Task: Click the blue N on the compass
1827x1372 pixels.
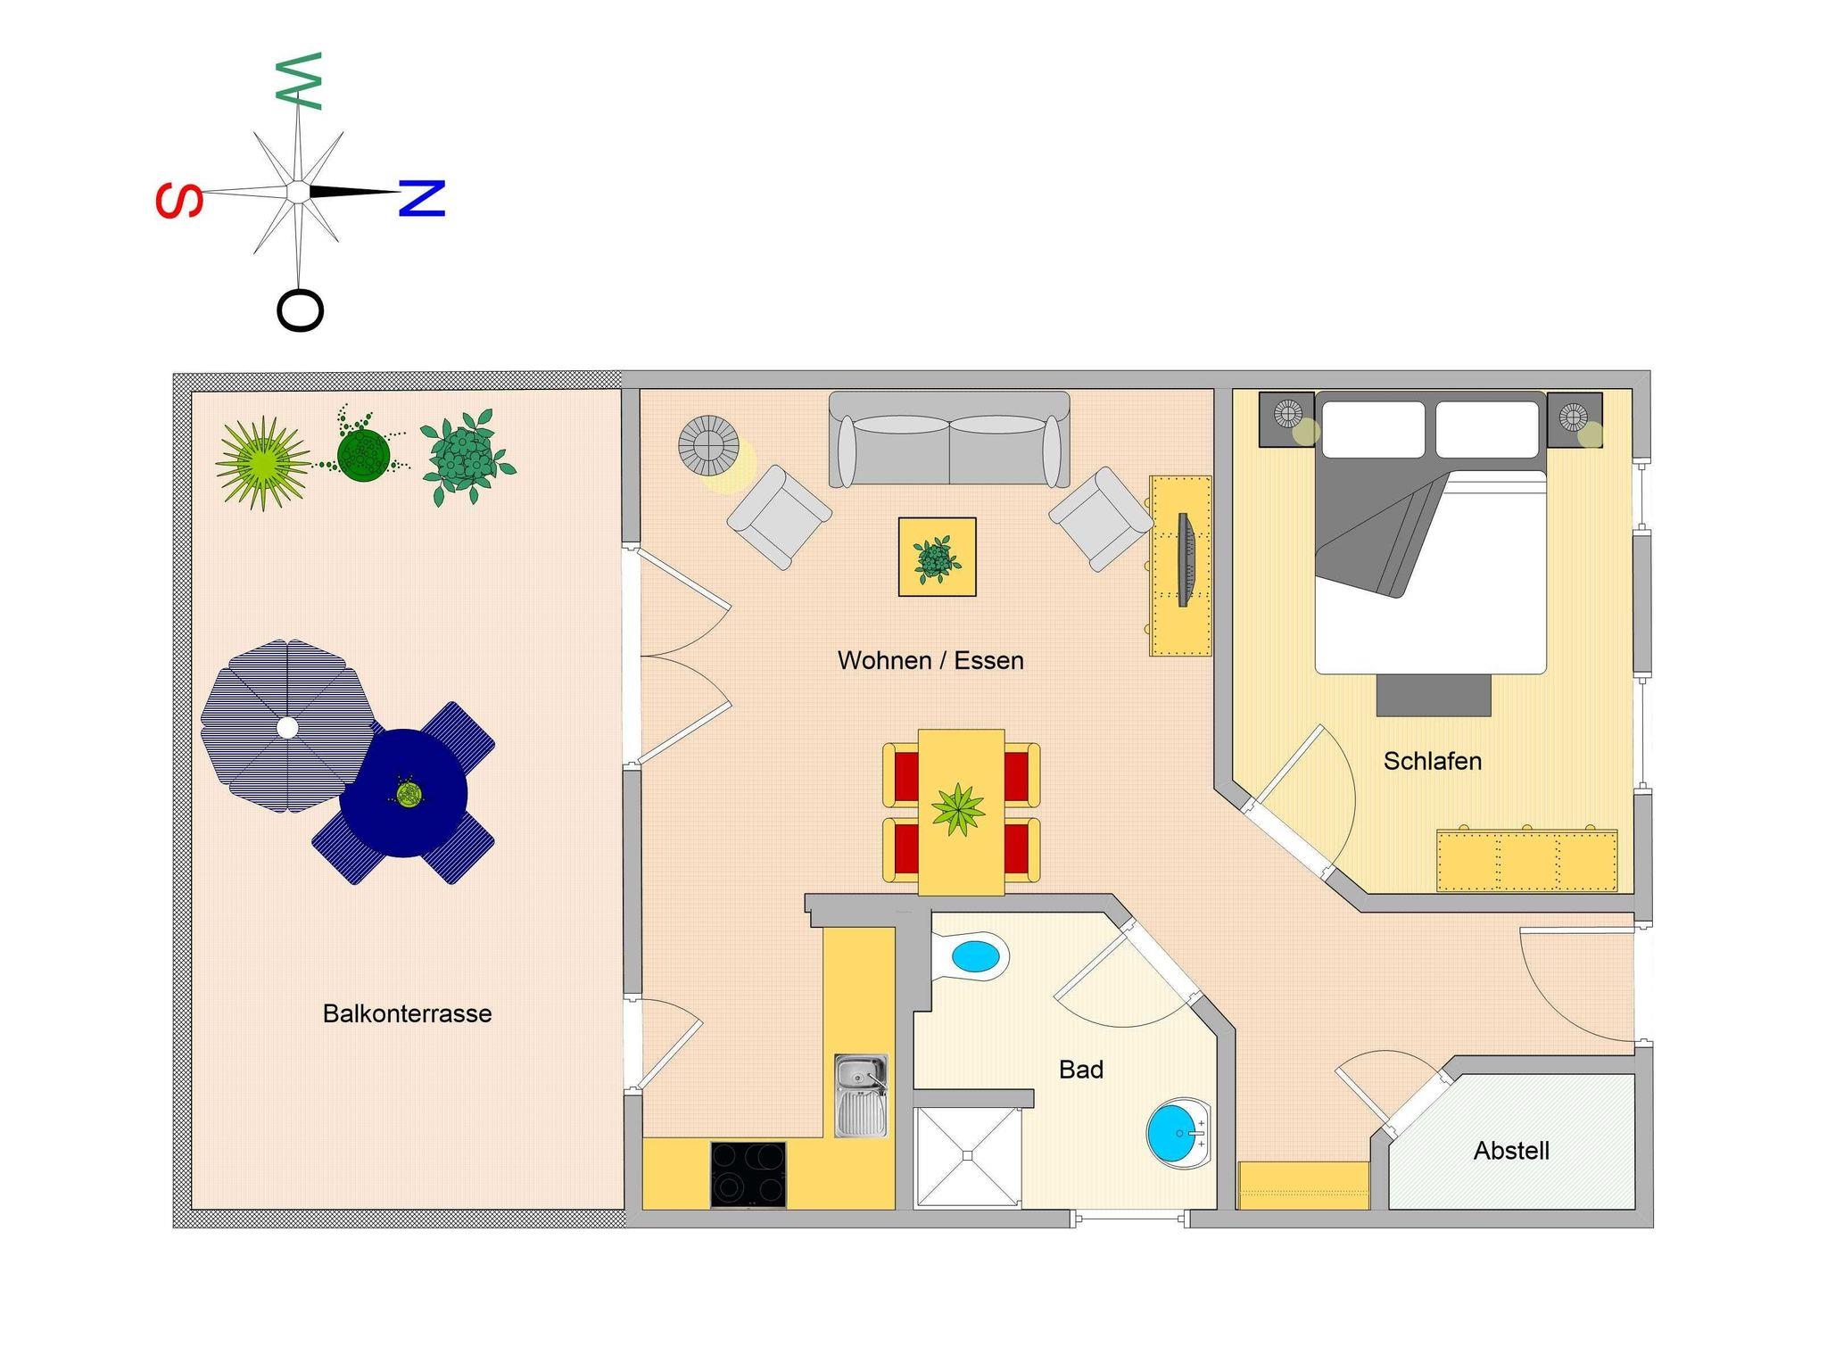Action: (x=421, y=198)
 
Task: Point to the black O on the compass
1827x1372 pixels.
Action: (x=300, y=310)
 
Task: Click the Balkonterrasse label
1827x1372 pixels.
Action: (x=407, y=1013)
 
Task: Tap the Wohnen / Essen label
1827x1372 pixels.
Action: (x=930, y=660)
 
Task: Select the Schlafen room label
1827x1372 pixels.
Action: (x=1432, y=761)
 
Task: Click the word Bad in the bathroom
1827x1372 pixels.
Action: (x=1080, y=1069)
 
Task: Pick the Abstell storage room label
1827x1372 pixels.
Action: (x=1510, y=1151)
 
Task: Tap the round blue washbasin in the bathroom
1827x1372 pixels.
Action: (x=1178, y=1133)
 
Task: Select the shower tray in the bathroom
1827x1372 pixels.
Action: (x=967, y=1156)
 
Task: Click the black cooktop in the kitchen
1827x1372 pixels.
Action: (x=748, y=1173)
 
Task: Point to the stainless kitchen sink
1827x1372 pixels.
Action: (x=861, y=1095)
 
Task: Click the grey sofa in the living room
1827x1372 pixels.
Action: (x=949, y=441)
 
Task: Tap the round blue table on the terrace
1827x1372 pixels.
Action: (x=404, y=793)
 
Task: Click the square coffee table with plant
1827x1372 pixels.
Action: (x=937, y=557)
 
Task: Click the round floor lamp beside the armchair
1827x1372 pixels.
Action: (x=708, y=443)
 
